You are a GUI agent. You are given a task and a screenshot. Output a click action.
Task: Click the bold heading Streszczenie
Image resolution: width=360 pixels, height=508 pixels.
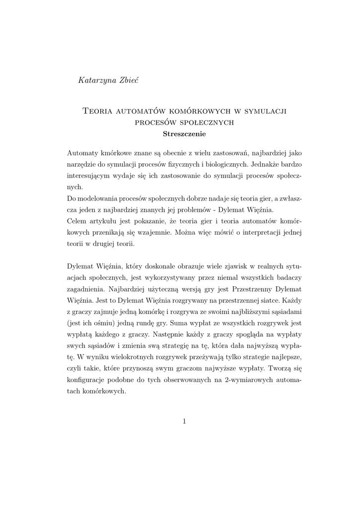(184, 133)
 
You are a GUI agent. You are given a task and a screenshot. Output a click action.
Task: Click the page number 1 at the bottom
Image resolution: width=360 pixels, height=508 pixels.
(184, 422)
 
